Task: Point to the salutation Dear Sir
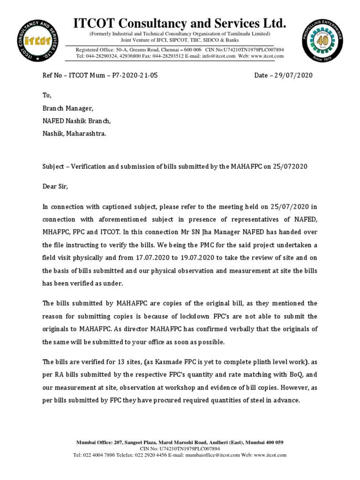[55, 187]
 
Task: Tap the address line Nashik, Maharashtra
[74, 133]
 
